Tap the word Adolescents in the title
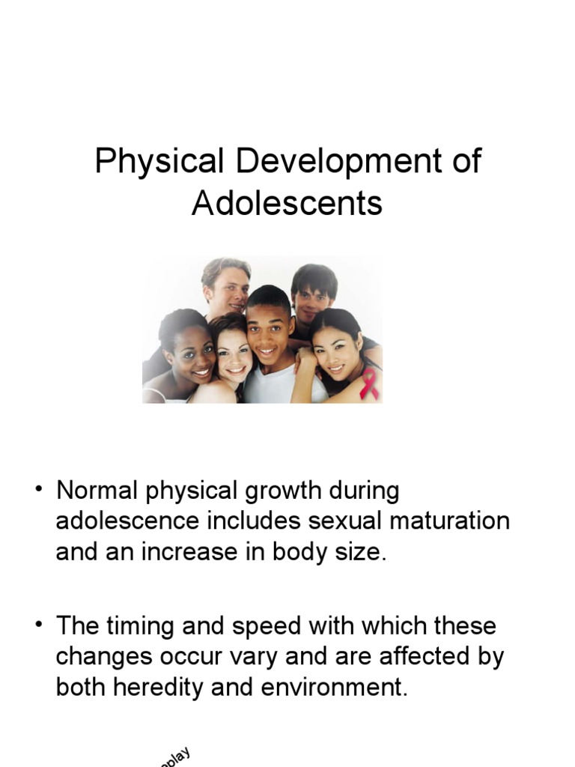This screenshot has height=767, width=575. pos(287,203)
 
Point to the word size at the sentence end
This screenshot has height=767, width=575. pos(365,551)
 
